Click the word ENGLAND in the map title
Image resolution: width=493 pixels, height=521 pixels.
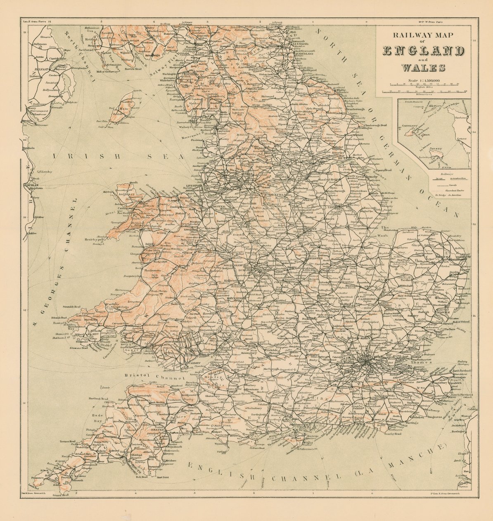(x=422, y=51)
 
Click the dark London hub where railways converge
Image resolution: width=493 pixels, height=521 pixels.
(x=365, y=362)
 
